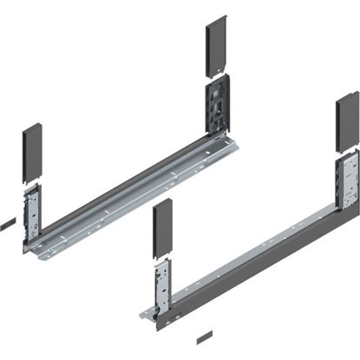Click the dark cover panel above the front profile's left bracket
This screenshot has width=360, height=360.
click(162, 232)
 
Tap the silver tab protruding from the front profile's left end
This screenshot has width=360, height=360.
click(145, 309)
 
